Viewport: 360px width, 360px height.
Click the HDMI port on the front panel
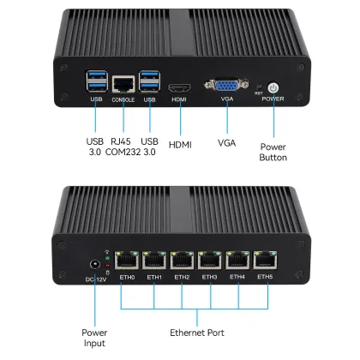coord(179,87)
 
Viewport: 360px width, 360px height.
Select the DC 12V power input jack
coord(93,265)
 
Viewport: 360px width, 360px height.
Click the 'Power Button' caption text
coord(273,152)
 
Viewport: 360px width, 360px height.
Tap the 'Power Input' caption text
coord(94,337)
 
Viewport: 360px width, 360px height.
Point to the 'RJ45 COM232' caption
coord(123,146)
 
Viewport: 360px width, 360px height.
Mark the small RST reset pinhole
coord(259,86)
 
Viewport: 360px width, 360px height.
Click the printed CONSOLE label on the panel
coord(123,99)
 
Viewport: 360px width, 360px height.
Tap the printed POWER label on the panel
coord(273,99)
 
